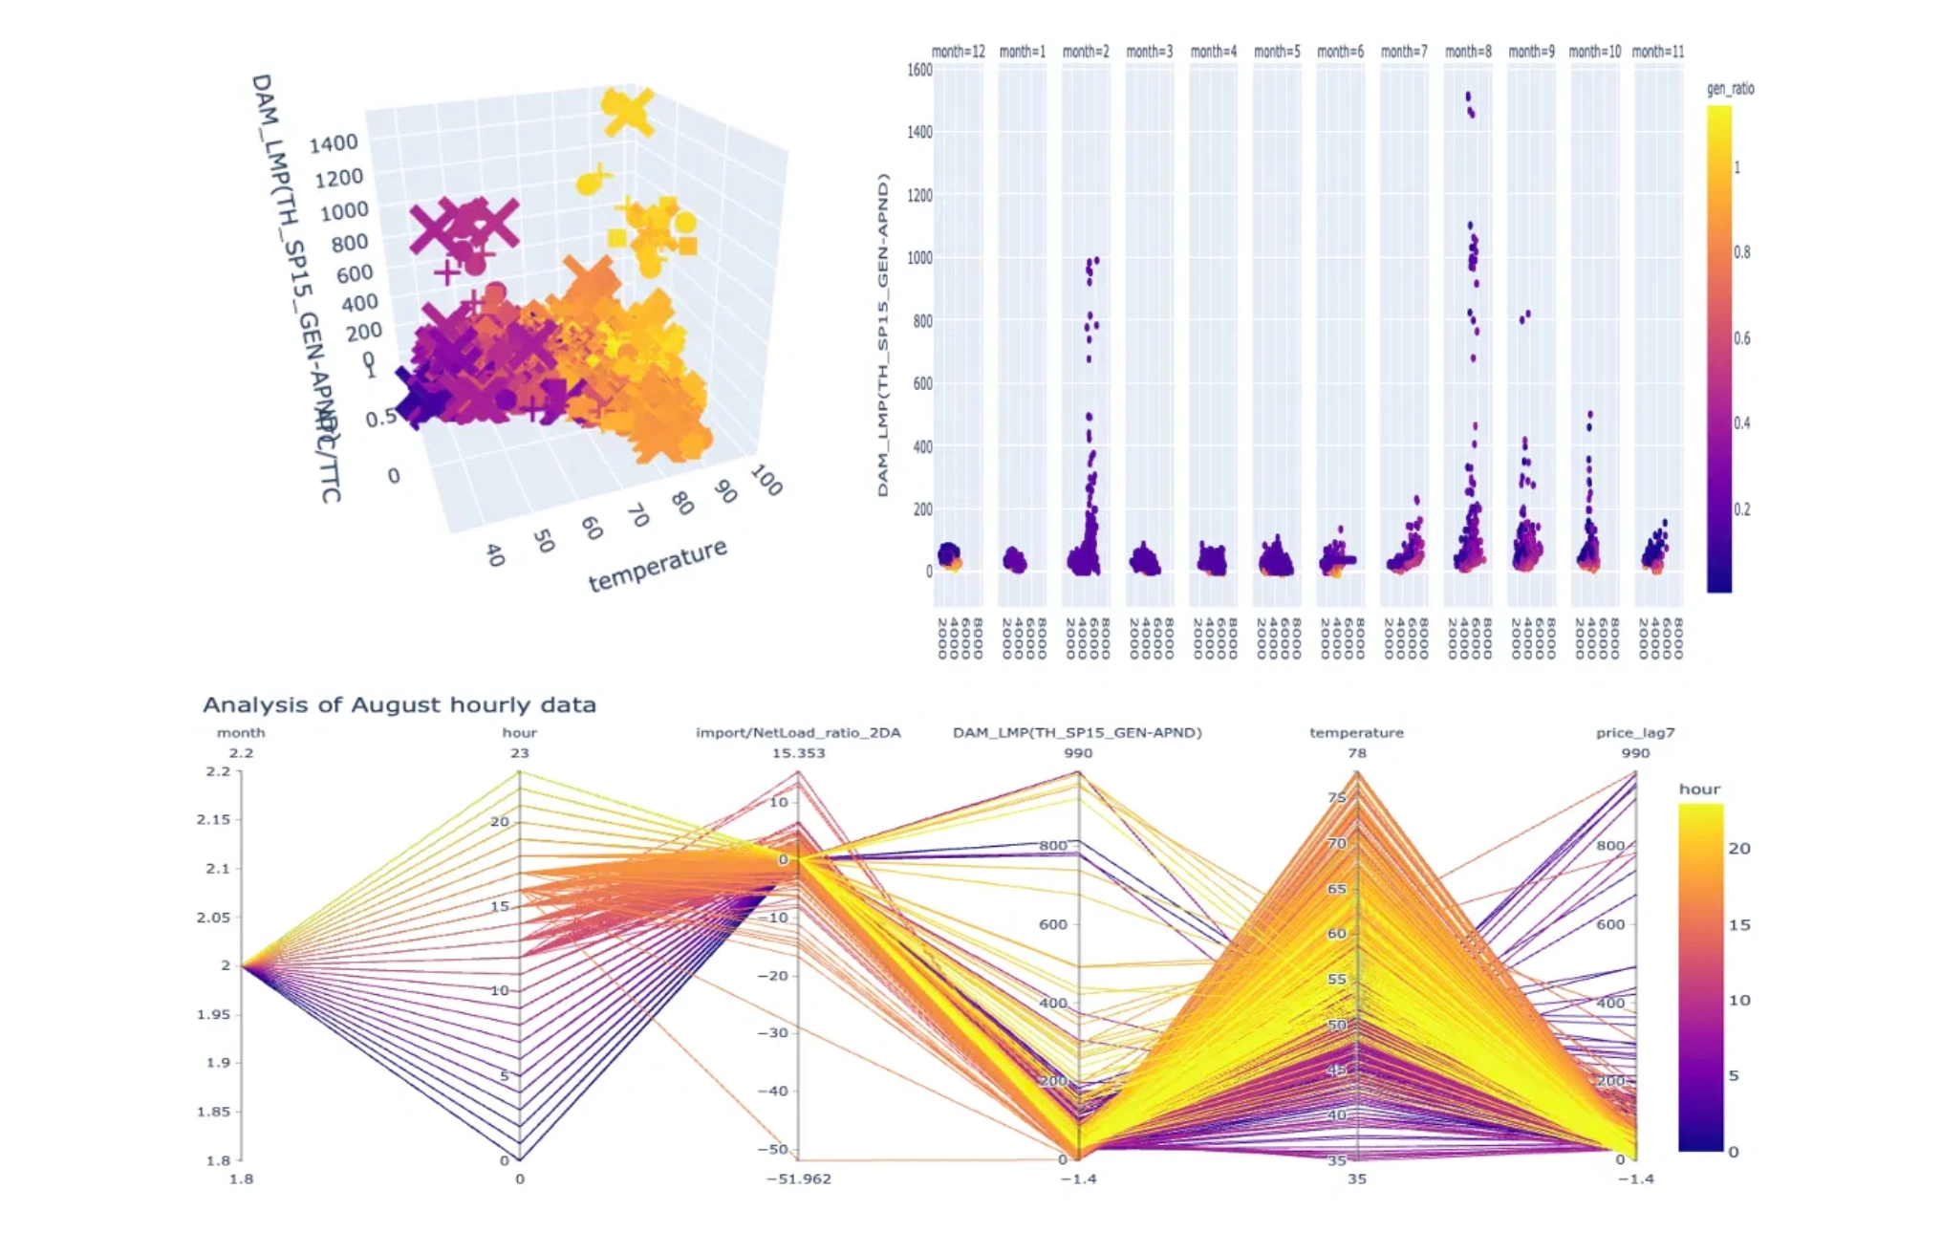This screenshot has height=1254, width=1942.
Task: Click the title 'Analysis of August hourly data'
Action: pos(399,705)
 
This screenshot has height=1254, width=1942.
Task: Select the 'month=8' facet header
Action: pos(1468,52)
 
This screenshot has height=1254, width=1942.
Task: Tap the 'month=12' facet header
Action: pos(958,52)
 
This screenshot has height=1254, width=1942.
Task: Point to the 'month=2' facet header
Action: pos(1086,52)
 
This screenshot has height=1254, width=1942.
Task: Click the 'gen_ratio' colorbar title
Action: pos(1730,89)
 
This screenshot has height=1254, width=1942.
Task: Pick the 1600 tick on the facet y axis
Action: pos(919,70)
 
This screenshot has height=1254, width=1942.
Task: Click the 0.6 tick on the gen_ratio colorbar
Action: pos(1742,338)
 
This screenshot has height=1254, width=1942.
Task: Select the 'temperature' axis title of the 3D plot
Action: pos(658,565)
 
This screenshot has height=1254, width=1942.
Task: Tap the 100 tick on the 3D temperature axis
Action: pos(766,480)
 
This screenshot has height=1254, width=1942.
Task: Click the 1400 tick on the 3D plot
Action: pos(333,143)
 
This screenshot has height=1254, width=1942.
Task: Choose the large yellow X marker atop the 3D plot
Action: pos(628,112)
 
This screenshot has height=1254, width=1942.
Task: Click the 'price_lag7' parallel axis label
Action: pos(1635,733)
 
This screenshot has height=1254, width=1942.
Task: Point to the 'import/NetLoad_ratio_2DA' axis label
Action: pos(798,733)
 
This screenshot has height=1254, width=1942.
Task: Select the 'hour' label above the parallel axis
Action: pos(519,733)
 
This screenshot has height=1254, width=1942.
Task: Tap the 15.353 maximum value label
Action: pos(798,753)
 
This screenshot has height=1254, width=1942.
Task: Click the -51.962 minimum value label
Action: pos(798,1179)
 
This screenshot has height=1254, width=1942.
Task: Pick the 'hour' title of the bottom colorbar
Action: pos(1699,789)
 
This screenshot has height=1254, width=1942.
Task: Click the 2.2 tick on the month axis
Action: pos(219,771)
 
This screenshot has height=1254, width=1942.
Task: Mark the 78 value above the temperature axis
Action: pos(1357,753)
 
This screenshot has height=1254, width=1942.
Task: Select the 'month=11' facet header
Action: pos(1658,52)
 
